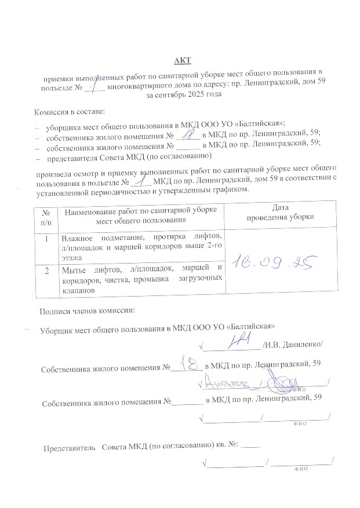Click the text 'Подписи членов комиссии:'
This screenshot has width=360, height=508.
[86, 310]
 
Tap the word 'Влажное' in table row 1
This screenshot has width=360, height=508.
[78, 237]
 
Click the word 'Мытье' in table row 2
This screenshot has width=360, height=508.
[74, 269]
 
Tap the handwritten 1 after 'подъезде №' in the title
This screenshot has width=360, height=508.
[94, 85]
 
